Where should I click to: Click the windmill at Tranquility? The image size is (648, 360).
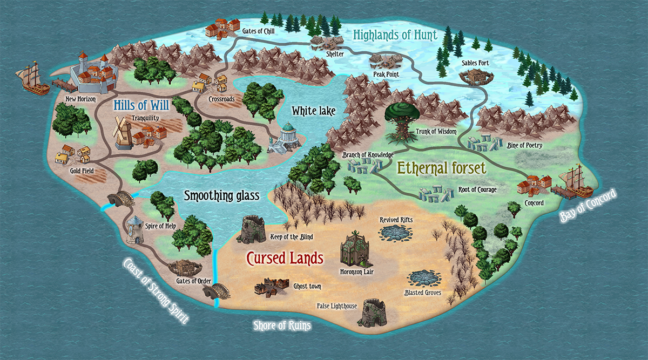pyautogui.click(x=123, y=132)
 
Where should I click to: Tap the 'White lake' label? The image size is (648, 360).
pyautogui.click(x=313, y=111)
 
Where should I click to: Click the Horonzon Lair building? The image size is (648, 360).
pyautogui.click(x=355, y=249)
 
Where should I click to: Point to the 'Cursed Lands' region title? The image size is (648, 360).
pyautogui.click(x=285, y=258)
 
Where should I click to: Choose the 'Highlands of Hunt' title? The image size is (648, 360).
pyautogui.click(x=395, y=35)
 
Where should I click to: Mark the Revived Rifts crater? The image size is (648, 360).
pyautogui.click(x=396, y=233)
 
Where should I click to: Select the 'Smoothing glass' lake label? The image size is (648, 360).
pyautogui.click(x=222, y=195)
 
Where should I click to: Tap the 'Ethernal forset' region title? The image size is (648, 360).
pyautogui.click(x=442, y=168)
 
